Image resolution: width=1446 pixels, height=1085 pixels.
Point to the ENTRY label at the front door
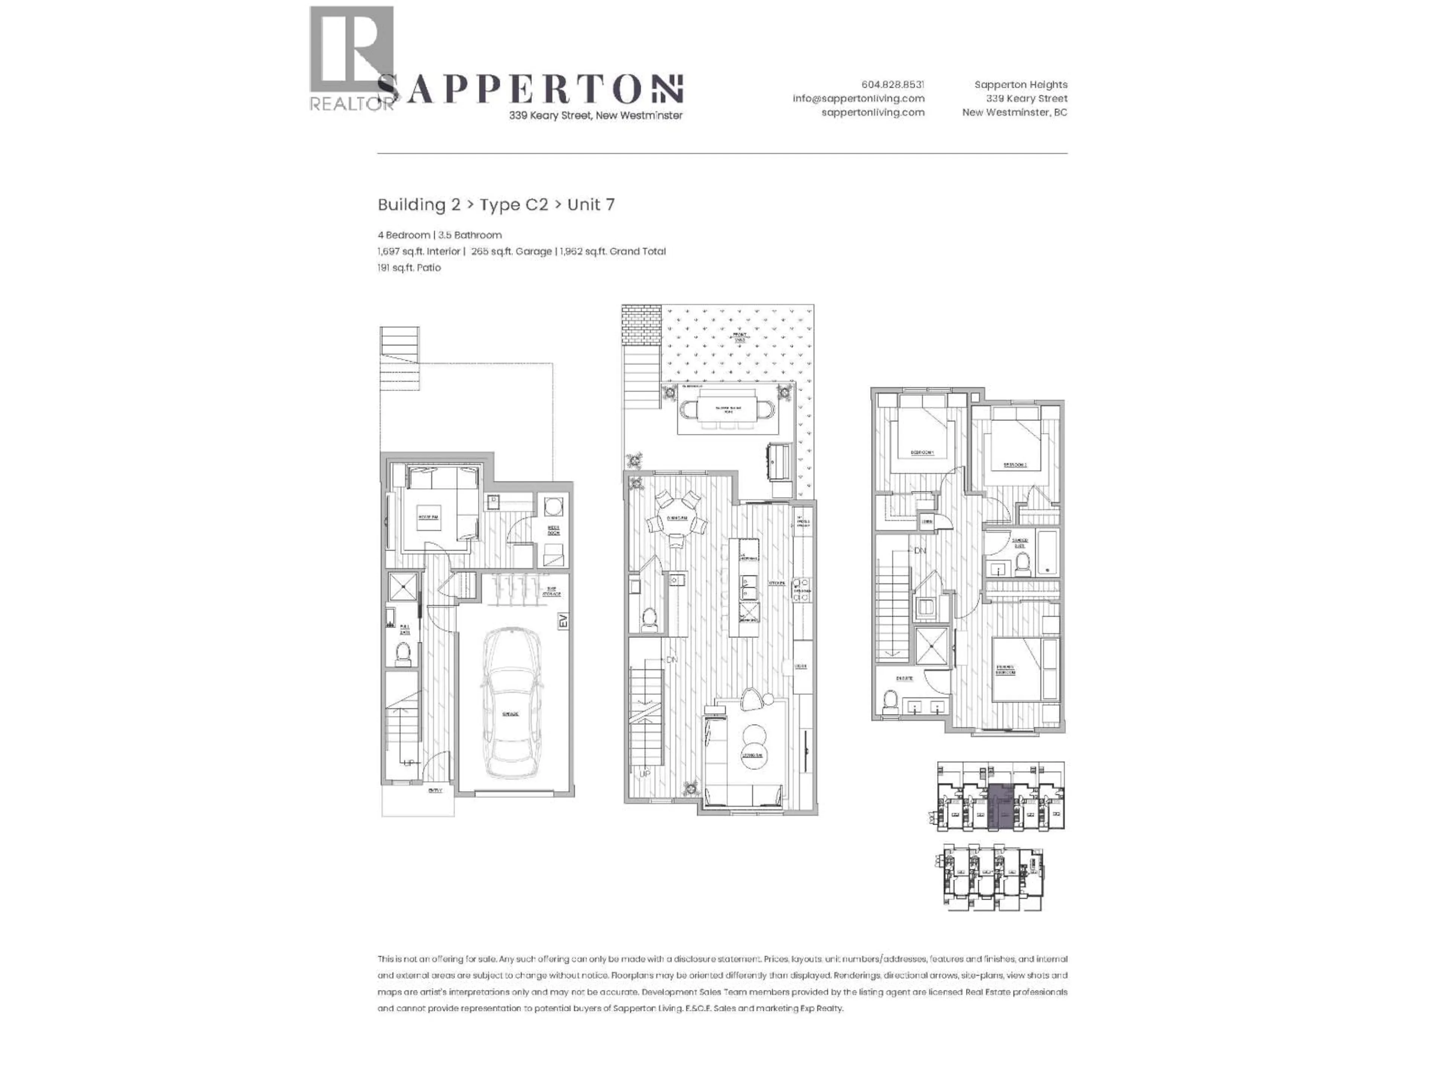(435, 790)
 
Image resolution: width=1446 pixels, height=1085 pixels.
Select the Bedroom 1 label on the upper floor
(922, 452)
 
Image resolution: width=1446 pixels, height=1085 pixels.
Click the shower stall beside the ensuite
(931, 645)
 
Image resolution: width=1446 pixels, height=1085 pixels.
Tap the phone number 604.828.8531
(892, 84)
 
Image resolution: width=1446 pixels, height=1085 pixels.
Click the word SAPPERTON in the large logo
(529, 90)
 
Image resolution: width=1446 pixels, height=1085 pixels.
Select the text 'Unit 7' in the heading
(590, 205)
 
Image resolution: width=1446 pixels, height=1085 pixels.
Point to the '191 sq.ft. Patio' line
(409, 267)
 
